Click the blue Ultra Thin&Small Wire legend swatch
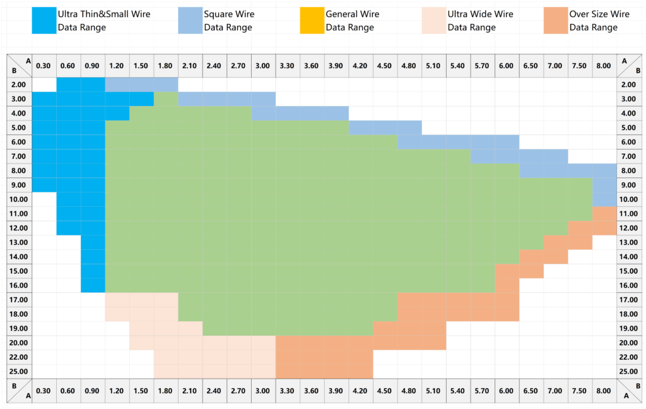pyautogui.click(x=44, y=20)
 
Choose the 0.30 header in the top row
pyautogui.click(x=44, y=65)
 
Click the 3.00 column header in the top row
pyautogui.click(x=263, y=65)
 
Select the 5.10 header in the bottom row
pyautogui.click(x=433, y=391)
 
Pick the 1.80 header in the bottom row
pyautogui.click(x=165, y=391)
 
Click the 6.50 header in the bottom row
pyautogui.click(x=531, y=391)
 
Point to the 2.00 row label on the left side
pyautogui.click(x=19, y=85)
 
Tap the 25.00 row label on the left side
pyautogui.click(x=19, y=371)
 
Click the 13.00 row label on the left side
pyautogui.click(x=19, y=242)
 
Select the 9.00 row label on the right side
pyautogui.click(x=629, y=185)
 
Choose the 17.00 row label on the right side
pyautogui.click(x=629, y=300)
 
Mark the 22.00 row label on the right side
pyautogui.click(x=629, y=357)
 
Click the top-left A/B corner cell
pyautogui.click(x=19, y=65)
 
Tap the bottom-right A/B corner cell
pyautogui.click(x=629, y=391)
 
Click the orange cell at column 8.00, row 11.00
pyautogui.click(x=604, y=213)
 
